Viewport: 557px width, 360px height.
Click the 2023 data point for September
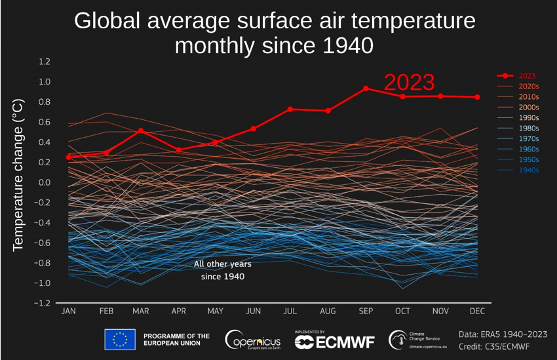[366, 88]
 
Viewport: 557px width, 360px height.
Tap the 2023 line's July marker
[290, 109]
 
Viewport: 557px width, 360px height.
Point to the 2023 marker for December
[477, 97]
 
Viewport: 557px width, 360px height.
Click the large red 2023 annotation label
[409, 83]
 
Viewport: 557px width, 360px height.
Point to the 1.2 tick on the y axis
[45, 62]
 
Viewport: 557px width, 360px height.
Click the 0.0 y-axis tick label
[45, 182]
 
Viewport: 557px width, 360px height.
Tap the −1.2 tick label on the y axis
[43, 304]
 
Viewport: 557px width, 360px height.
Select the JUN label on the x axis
[253, 311]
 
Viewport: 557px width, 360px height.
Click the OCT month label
[403, 311]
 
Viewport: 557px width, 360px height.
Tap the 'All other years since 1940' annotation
[223, 270]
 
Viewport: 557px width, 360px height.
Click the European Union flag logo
[120, 339]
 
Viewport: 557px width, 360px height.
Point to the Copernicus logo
[252, 340]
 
